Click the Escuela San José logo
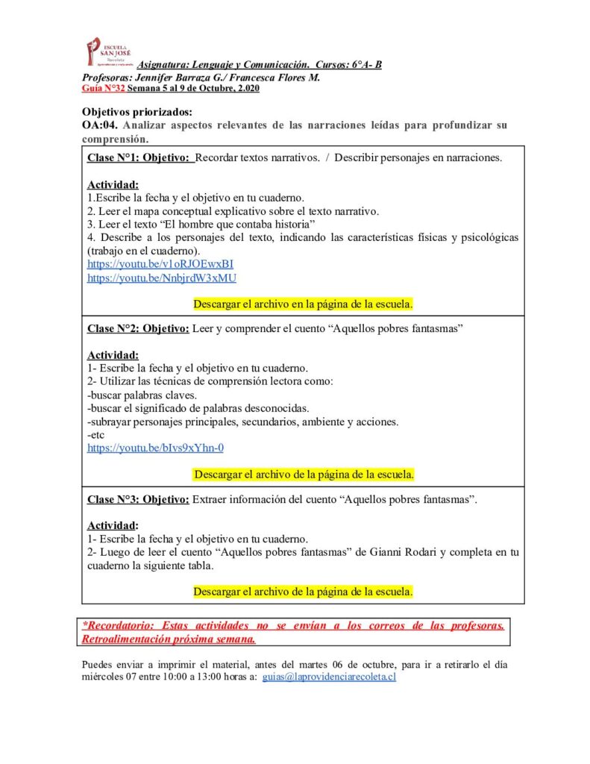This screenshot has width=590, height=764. tap(109, 51)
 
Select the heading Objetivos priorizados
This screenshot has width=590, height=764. tap(137, 112)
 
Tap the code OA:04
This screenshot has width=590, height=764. tap(99, 125)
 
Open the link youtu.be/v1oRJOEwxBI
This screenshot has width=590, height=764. tap(160, 263)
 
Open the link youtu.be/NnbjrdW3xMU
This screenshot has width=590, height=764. tap(162, 277)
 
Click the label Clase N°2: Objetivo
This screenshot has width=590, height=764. tap(138, 328)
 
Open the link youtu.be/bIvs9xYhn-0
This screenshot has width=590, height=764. tap(155, 448)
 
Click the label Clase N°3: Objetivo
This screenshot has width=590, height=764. tap(138, 499)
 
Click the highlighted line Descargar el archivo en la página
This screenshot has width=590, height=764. tap(303, 304)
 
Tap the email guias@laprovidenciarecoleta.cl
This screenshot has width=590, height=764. tap(329, 677)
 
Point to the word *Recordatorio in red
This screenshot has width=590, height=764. tap(117, 625)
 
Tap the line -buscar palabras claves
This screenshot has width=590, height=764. tap(142, 395)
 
